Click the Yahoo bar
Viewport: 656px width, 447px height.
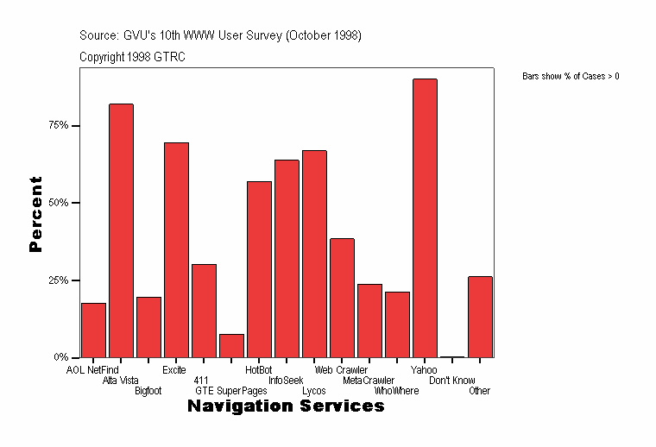[x=425, y=217]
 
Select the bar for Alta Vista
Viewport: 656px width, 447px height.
[x=121, y=230]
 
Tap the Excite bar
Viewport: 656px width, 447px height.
[x=176, y=249]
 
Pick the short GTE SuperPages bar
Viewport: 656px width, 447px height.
[x=231, y=345]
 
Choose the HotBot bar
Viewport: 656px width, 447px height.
[x=259, y=269]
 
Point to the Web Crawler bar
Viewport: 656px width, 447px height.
[x=342, y=298]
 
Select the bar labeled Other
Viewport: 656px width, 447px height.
[x=480, y=317]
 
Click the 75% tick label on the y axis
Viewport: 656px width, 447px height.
[x=58, y=125]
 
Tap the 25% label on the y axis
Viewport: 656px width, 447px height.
[x=58, y=280]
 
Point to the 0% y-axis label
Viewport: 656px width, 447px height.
[x=60, y=357]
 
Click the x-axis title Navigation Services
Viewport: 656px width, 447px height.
[x=286, y=406]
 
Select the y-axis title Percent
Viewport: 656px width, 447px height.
[x=35, y=214]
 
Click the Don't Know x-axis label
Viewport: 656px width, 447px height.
[x=451, y=381]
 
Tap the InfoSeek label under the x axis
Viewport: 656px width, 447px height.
[x=286, y=381]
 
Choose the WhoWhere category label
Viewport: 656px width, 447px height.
[x=396, y=391]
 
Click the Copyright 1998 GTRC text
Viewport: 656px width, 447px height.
[x=132, y=57]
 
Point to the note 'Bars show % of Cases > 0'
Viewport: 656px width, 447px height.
[x=571, y=77]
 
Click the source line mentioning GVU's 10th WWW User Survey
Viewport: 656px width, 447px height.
[x=220, y=35]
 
